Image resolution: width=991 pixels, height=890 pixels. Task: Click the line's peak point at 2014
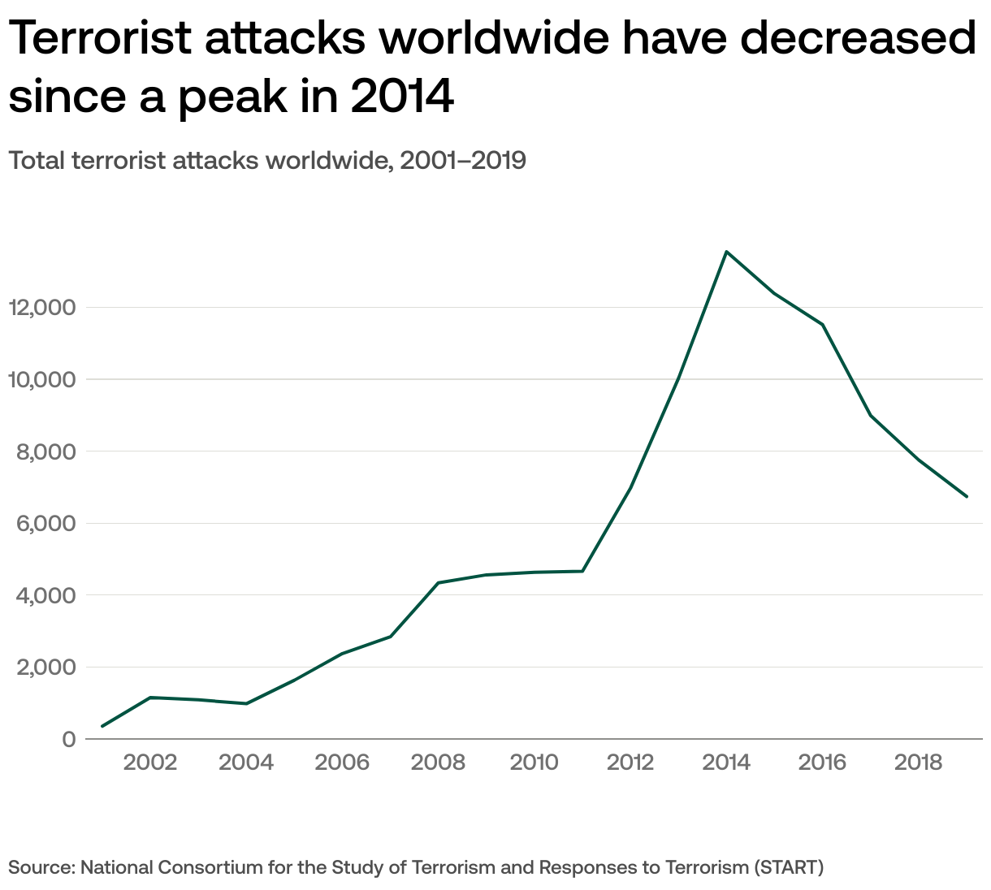point(726,252)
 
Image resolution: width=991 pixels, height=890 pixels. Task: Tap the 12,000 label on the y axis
point(41,308)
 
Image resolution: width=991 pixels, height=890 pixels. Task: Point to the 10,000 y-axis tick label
point(41,379)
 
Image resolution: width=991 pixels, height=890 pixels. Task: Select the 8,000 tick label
point(46,451)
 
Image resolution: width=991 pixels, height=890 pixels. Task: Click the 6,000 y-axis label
point(46,524)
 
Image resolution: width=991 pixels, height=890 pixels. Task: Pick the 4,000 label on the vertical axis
point(46,595)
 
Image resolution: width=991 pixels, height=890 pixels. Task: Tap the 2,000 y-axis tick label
point(46,667)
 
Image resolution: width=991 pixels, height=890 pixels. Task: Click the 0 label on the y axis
point(68,740)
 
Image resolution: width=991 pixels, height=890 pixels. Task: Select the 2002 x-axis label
point(150,763)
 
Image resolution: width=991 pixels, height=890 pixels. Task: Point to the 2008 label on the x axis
point(439,763)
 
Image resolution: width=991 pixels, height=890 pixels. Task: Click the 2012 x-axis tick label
point(630,763)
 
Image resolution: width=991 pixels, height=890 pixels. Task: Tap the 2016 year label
point(822,763)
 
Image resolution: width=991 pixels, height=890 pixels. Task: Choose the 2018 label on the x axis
point(918,763)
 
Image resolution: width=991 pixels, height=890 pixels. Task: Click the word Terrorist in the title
point(111,37)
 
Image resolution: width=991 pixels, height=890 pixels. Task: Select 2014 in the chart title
point(401,96)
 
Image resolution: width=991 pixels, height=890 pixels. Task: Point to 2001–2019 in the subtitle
point(463,161)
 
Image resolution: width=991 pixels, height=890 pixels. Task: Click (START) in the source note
point(789,867)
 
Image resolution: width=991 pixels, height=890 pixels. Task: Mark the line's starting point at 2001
point(102,726)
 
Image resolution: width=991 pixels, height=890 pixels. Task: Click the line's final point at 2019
point(967,496)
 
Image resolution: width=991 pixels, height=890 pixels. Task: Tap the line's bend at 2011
point(582,571)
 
